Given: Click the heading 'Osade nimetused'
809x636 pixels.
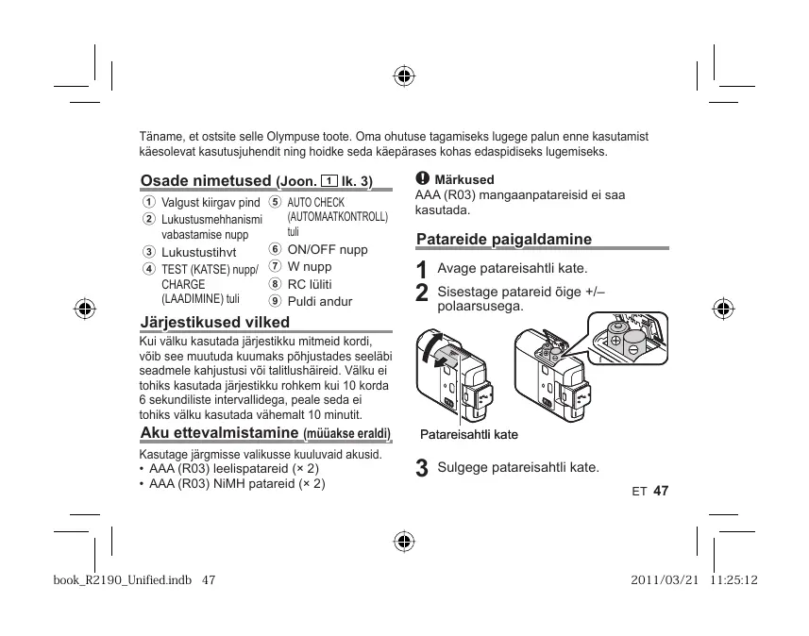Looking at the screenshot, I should [206, 180].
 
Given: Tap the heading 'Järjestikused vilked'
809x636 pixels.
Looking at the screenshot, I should [214, 322].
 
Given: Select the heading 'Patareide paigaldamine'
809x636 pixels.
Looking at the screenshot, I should [503, 239].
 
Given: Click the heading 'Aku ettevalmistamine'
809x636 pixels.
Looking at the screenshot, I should [220, 433].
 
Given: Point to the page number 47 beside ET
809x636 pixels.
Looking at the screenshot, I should [660, 491].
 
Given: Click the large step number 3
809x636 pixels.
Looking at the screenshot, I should [422, 468].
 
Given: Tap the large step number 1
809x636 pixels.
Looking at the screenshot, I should [422, 270].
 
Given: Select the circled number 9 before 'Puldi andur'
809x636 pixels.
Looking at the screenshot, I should [275, 301].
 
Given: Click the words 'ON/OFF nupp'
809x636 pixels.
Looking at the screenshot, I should [328, 249].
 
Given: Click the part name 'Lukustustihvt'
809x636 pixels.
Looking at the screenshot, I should [198, 252].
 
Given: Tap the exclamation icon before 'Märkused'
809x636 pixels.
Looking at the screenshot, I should [422, 178].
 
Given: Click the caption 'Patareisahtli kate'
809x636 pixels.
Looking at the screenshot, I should [469, 435].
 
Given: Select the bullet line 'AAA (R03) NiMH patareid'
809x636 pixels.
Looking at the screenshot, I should [236, 483].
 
